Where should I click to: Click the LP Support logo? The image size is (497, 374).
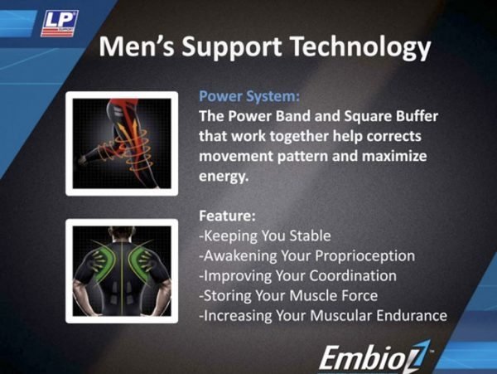60,23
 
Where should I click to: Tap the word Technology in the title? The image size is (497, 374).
360,47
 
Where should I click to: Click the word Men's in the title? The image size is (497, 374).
137,46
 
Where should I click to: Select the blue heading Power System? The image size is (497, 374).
249,96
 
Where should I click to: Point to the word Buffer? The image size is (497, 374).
417,116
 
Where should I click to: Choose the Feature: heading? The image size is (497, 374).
227,216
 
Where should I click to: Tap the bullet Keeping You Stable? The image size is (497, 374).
265,236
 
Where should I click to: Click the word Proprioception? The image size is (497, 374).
364,256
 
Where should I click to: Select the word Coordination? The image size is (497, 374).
353,275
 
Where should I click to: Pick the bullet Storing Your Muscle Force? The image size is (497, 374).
288,296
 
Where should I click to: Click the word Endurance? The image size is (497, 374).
412,316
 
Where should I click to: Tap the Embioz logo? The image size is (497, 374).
375,357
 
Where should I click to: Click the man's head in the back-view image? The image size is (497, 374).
122,233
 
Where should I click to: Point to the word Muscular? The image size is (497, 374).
340,316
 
